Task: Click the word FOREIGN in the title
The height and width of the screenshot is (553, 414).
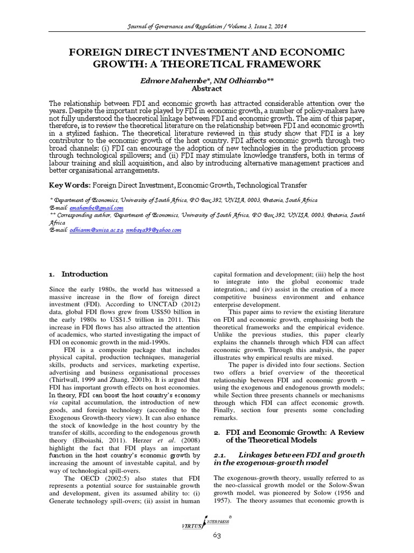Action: click(94, 52)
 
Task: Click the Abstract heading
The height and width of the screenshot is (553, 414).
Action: click(206, 89)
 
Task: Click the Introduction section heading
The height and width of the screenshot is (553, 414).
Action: click(85, 274)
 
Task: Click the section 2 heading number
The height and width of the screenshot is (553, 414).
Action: click(217, 433)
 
